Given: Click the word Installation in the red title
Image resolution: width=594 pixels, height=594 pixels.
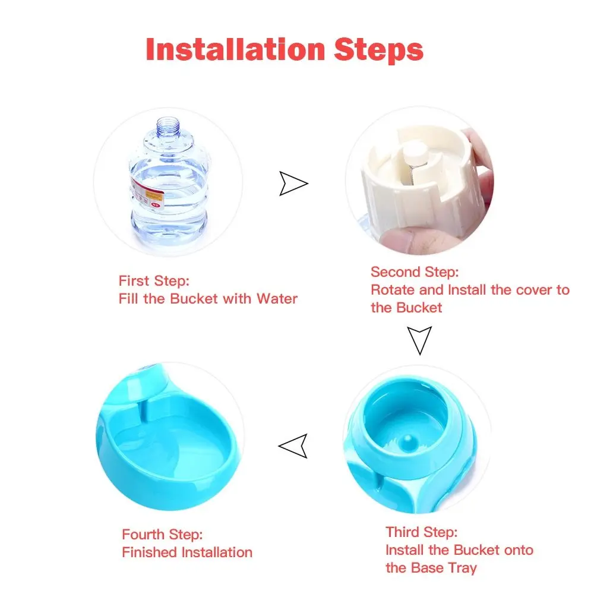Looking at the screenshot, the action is [x=235, y=49].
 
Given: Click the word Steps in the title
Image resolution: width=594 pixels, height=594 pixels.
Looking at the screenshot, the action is [x=378, y=50].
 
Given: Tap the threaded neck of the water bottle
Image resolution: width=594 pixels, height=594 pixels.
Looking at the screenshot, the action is [x=168, y=125].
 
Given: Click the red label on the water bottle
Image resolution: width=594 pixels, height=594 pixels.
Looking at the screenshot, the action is [x=147, y=194].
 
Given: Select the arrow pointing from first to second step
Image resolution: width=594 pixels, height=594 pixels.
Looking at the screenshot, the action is [x=293, y=184].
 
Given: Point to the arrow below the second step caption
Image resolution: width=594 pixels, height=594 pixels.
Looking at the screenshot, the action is [x=419, y=340].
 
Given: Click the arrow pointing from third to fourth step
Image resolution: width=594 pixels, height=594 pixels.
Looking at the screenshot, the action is [x=293, y=446].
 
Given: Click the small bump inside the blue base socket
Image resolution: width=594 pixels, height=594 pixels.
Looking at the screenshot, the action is [x=407, y=441].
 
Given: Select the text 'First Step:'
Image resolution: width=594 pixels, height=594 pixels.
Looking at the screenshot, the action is [x=154, y=281].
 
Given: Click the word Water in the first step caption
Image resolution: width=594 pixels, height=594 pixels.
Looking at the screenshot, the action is [x=277, y=299].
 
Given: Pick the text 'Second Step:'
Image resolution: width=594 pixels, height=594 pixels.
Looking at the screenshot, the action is [x=415, y=271].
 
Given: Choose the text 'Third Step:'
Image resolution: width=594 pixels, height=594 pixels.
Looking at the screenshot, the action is [x=422, y=532].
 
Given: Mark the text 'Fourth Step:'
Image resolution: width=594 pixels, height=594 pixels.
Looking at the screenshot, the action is [x=162, y=534].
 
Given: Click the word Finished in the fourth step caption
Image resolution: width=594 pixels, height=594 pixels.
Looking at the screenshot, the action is [x=150, y=552].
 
